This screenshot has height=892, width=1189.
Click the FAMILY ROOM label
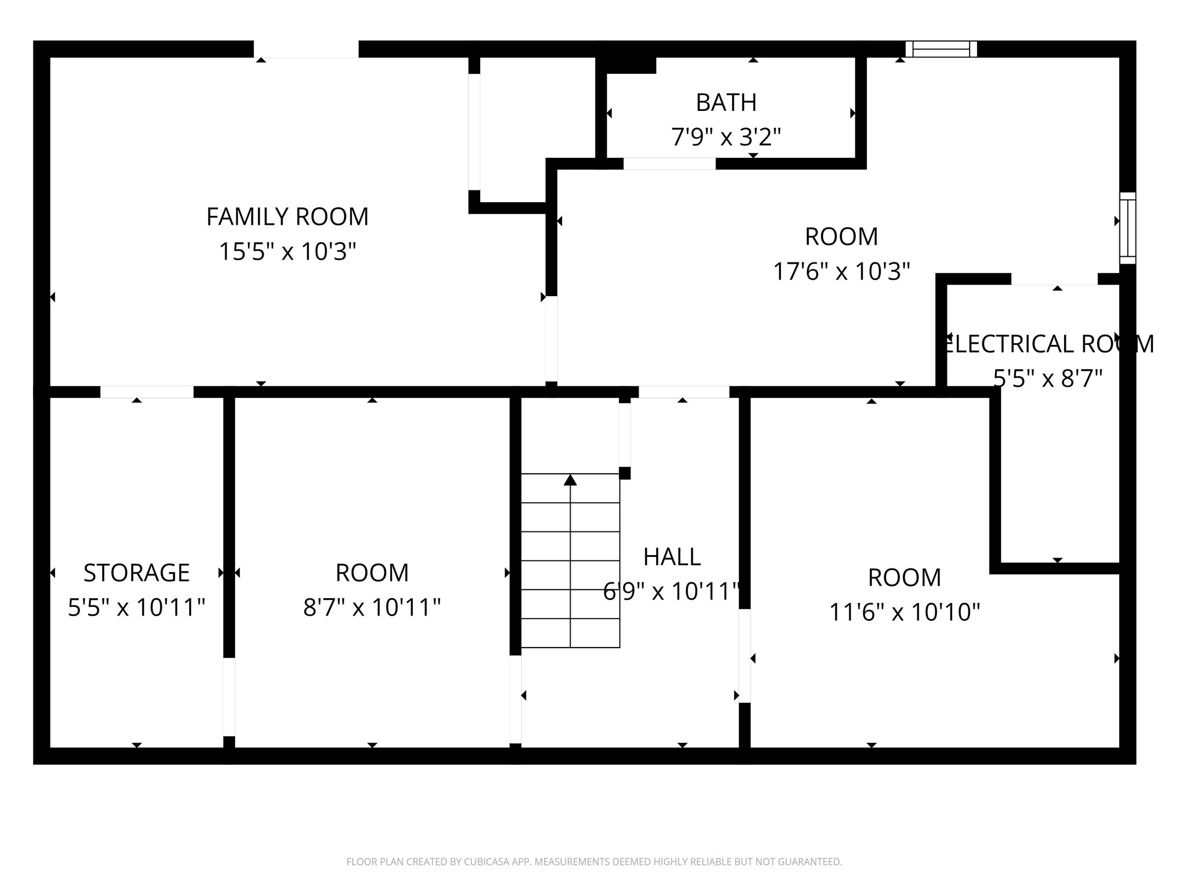point(287,217)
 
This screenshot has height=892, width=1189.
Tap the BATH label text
point(726,103)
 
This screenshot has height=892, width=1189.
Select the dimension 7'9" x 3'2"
point(726,138)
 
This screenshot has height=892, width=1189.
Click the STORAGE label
point(136,573)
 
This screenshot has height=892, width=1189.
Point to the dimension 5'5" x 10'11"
point(136,608)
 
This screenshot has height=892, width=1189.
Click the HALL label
point(672,557)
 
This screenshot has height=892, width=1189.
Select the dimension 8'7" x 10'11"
point(372,608)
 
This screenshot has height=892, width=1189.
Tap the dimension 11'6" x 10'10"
point(905,612)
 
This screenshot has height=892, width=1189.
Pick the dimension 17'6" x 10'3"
point(841,271)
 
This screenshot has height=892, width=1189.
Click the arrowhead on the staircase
point(570,480)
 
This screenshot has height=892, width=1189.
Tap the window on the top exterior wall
point(941,49)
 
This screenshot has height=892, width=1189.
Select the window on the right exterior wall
point(1127,228)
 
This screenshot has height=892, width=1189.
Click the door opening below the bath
point(669,164)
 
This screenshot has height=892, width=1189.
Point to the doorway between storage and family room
point(147,392)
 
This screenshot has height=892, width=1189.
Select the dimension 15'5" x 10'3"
point(287,252)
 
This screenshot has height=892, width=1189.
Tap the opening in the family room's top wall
point(306,49)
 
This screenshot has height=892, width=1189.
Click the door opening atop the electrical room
point(1054,279)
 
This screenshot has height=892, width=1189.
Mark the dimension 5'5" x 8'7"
point(1048,379)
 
